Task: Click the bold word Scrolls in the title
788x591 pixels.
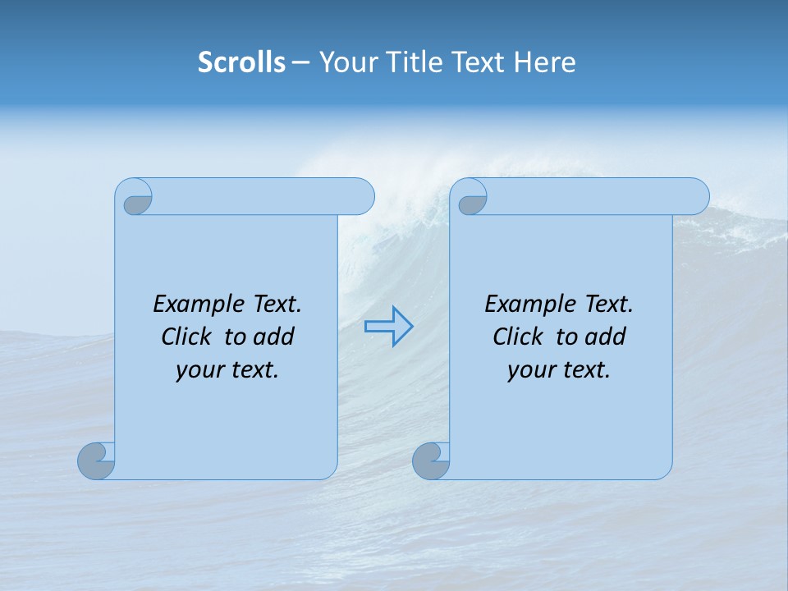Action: point(242,62)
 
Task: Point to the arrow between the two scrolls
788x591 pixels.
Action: point(389,327)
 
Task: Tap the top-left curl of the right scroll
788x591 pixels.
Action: point(470,198)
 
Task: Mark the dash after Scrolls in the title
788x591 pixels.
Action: point(300,62)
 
